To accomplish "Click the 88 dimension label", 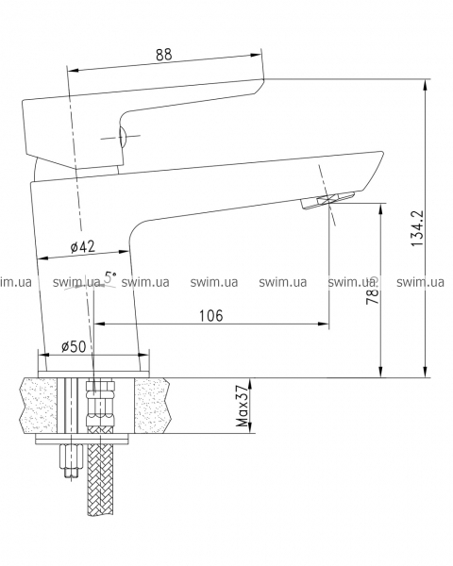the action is coord(164,55).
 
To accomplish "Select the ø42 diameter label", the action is coord(83,247).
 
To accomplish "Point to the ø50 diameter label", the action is coord(74,347).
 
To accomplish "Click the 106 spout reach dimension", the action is coord(211,315).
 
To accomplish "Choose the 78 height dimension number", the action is coord(373,295).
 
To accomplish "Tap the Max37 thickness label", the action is coord(243,406).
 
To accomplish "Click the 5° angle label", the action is coord(110,277).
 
